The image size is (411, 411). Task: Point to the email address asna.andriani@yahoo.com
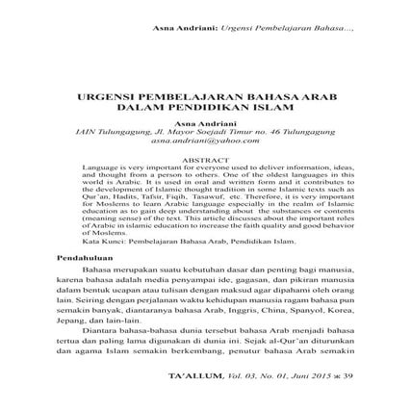point(206,139)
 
